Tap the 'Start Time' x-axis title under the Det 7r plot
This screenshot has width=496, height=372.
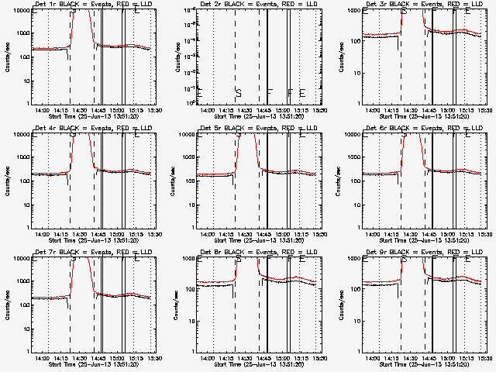[x=64, y=363]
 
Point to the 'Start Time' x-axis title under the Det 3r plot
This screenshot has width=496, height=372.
[x=393, y=116]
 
